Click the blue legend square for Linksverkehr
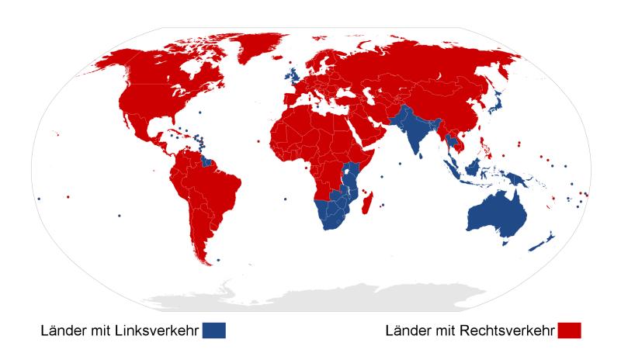[216, 331]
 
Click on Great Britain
[295, 75]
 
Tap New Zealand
[543, 241]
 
